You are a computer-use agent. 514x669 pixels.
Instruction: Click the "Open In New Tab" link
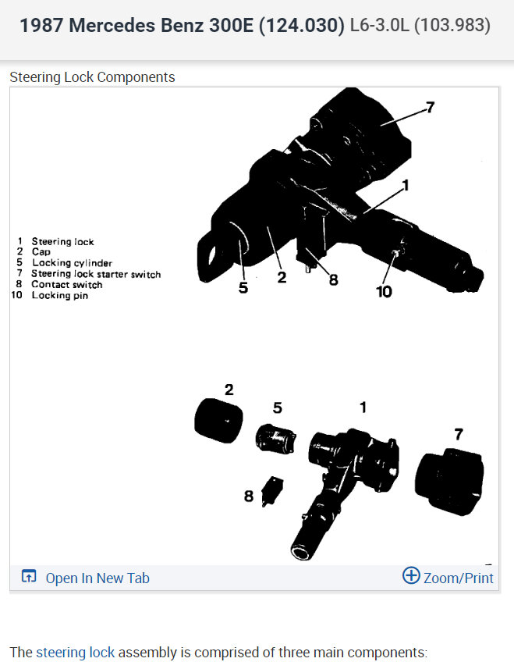pyautogui.click(x=97, y=578)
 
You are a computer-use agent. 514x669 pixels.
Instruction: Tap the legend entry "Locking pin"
pyautogui.click(x=59, y=296)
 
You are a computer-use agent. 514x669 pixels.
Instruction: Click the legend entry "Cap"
pyautogui.click(x=41, y=252)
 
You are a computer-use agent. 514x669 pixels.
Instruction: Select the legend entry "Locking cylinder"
pyautogui.click(x=72, y=263)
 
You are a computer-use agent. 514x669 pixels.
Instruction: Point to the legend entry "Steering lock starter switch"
pyautogui.click(x=96, y=274)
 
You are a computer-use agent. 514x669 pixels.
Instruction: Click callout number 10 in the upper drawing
pyautogui.click(x=384, y=292)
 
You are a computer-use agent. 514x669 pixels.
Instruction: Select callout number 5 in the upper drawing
pyautogui.click(x=243, y=287)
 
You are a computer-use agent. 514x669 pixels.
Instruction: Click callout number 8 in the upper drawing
pyautogui.click(x=333, y=279)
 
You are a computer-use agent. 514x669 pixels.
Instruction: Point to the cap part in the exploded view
pyautogui.click(x=216, y=422)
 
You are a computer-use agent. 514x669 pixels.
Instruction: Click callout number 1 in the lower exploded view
pyautogui.click(x=362, y=407)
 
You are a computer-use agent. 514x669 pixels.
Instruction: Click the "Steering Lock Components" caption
pyautogui.click(x=92, y=77)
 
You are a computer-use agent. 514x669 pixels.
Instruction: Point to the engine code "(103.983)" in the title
pyautogui.click(x=452, y=26)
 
